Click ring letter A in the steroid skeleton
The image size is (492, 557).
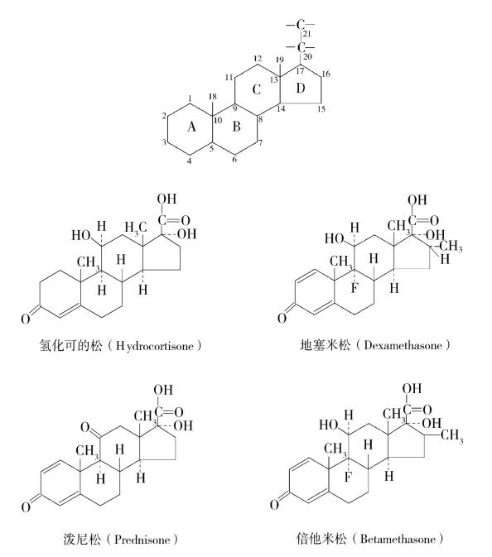(x=191, y=126)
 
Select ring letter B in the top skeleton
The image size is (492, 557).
(x=236, y=126)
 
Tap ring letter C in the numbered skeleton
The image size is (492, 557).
(x=256, y=89)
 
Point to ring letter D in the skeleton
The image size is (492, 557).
(x=301, y=88)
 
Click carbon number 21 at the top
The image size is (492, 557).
(x=307, y=34)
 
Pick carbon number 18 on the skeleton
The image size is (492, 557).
(x=212, y=96)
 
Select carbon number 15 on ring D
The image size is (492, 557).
(x=321, y=108)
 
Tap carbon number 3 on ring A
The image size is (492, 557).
(x=164, y=142)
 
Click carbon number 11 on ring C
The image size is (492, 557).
(x=229, y=77)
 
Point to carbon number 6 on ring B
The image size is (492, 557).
(x=234, y=159)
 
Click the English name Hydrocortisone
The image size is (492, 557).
(x=155, y=346)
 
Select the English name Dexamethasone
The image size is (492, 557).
(x=403, y=345)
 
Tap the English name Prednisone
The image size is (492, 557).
(x=142, y=540)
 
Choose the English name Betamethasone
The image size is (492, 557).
(x=398, y=540)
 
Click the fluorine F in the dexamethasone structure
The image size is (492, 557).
(x=354, y=289)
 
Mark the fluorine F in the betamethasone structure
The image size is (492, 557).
(x=348, y=477)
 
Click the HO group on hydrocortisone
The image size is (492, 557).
(x=80, y=235)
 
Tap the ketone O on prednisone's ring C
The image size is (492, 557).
(x=85, y=426)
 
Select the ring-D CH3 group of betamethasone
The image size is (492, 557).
(x=452, y=435)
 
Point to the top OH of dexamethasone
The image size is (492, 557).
(x=417, y=199)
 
